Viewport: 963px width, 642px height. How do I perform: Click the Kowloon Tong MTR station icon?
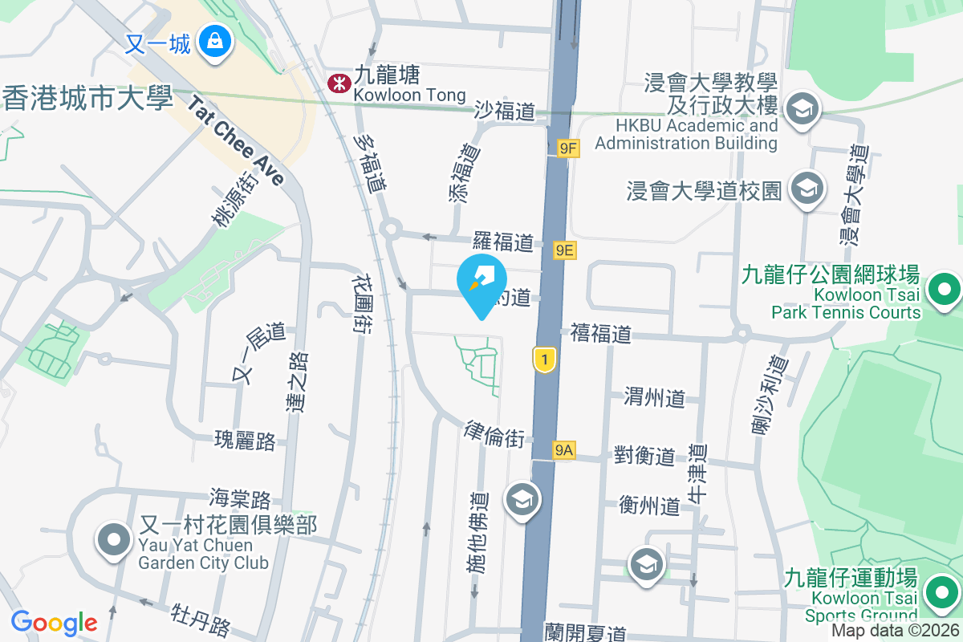(x=339, y=83)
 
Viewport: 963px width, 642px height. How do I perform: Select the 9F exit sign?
(x=568, y=148)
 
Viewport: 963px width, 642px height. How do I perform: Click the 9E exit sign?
(x=565, y=250)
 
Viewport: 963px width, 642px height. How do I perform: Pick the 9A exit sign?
(x=563, y=450)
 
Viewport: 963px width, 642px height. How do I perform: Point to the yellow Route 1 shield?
(x=545, y=360)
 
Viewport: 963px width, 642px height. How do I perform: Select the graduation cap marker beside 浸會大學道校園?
(x=803, y=189)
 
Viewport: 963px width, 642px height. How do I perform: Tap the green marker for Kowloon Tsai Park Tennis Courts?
(x=944, y=289)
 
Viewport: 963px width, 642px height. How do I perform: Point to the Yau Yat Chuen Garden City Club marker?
(x=113, y=540)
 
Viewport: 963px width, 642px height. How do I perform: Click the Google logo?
(x=54, y=622)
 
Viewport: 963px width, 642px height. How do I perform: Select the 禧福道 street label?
(x=601, y=333)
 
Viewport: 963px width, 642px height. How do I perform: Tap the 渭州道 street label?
(x=655, y=396)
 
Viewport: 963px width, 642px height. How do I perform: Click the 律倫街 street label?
(x=494, y=434)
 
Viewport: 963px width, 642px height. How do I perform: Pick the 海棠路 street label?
(x=240, y=499)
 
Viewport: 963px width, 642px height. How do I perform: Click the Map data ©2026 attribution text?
(x=894, y=631)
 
